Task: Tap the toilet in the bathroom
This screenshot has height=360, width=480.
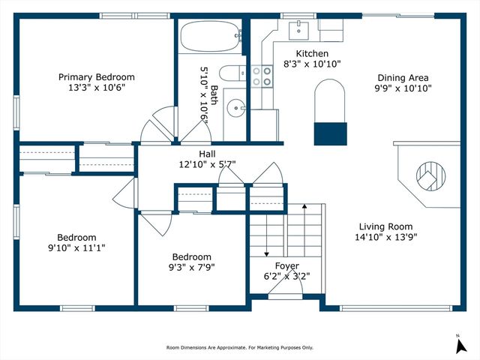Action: click(x=232, y=73)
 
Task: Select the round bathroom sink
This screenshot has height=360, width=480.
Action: click(x=235, y=108)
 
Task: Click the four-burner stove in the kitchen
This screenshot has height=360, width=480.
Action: click(x=262, y=76)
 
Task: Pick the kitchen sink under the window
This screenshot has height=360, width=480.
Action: click(x=298, y=30)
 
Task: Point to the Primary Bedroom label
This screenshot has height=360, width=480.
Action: click(x=97, y=76)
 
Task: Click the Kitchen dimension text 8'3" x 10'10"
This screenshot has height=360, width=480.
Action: click(x=312, y=64)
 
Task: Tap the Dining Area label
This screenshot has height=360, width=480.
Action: click(x=403, y=78)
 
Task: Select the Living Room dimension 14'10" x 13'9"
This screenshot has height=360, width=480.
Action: click(x=386, y=237)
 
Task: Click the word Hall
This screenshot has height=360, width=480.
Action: click(x=207, y=154)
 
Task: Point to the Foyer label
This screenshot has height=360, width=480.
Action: click(x=286, y=265)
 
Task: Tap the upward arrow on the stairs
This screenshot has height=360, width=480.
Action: click(x=304, y=229)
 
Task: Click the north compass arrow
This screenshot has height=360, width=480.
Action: click(x=461, y=346)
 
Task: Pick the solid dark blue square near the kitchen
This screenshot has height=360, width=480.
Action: click(x=331, y=133)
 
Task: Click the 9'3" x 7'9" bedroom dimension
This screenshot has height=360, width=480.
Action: click(x=192, y=268)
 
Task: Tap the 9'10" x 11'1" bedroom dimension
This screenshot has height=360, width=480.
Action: click(x=76, y=247)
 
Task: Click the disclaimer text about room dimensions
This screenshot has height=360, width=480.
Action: click(x=240, y=347)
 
